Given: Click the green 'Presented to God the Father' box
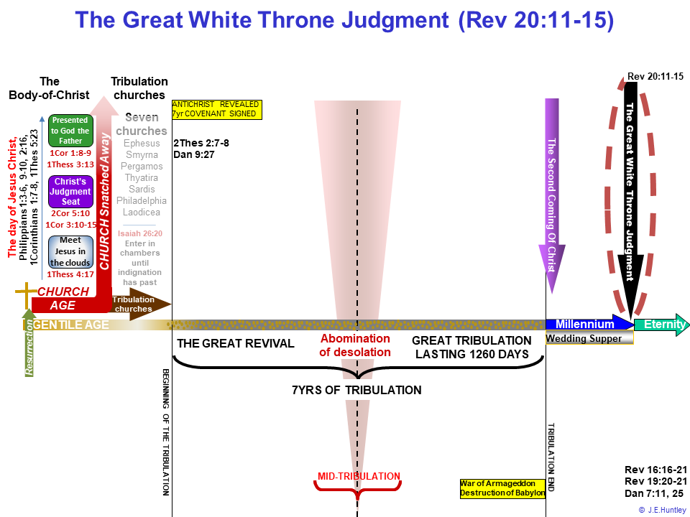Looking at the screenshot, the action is (70, 131).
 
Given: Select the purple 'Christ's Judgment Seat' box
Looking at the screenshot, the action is (70, 191).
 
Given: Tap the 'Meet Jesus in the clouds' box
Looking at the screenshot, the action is (70, 251).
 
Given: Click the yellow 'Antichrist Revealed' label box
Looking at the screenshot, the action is (216, 109).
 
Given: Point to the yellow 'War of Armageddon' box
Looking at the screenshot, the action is (502, 488).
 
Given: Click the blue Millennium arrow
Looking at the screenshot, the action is (589, 324).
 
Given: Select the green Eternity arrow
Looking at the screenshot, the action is (662, 325).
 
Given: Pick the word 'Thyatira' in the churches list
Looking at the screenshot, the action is (142, 177).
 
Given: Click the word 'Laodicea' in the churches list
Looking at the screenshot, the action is (142, 212).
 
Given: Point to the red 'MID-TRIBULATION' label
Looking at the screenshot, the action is (359, 476).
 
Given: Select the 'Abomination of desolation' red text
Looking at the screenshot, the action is (355, 345).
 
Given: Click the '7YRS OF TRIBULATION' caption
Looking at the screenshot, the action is (356, 390).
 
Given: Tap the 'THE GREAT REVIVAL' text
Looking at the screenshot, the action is (236, 343).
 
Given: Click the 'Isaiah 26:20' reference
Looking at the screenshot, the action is (140, 233).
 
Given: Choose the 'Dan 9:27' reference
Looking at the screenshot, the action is (193, 154).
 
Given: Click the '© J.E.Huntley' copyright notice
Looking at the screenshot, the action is (662, 510).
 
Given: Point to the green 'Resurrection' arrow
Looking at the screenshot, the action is (29, 343).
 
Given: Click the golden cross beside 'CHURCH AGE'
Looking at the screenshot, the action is (27, 295).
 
